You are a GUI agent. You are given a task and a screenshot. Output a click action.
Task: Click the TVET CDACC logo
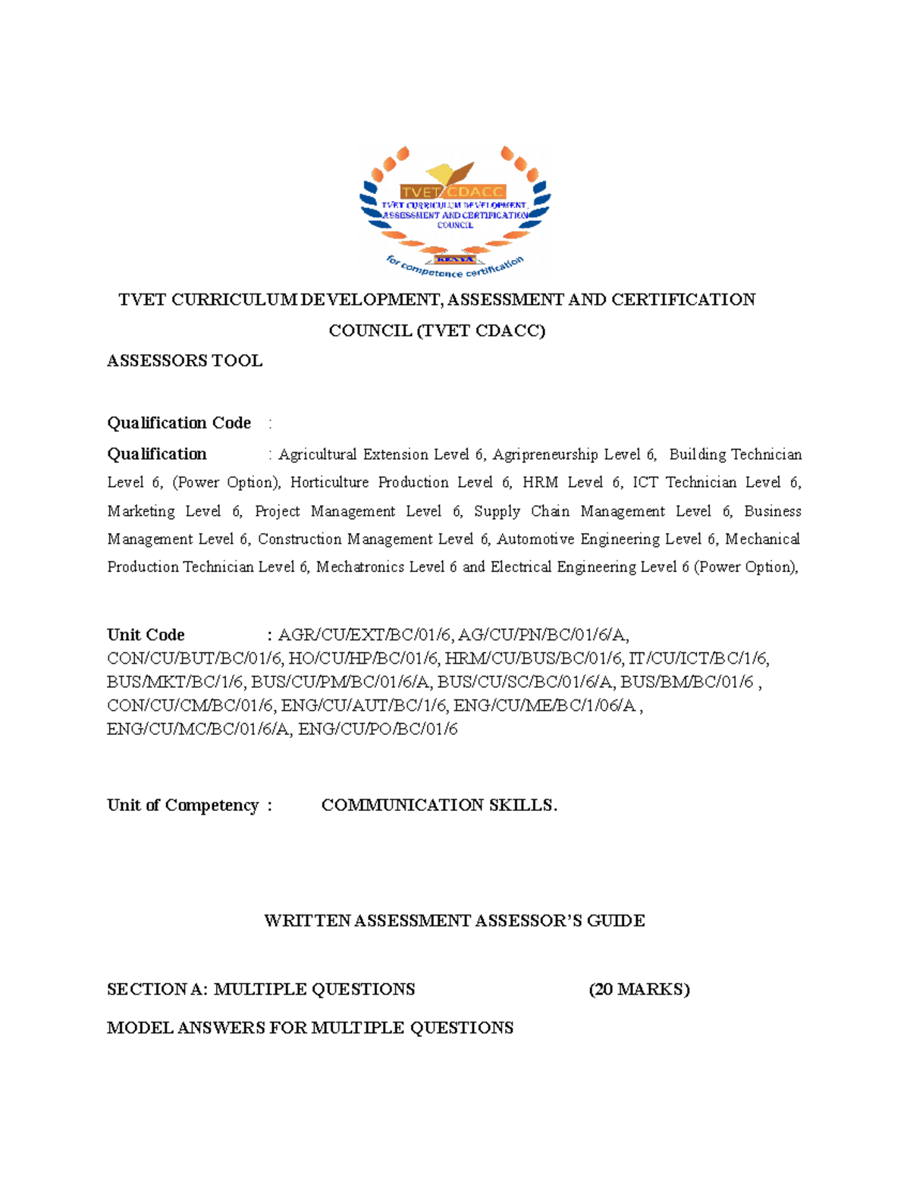click(454, 211)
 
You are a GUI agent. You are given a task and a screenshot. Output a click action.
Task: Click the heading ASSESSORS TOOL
click(184, 361)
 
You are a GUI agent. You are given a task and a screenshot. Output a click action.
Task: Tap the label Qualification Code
click(179, 423)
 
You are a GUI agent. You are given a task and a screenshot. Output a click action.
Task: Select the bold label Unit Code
click(146, 635)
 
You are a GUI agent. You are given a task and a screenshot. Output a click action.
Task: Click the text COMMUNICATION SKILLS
click(439, 806)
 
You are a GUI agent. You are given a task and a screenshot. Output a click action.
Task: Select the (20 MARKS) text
click(639, 989)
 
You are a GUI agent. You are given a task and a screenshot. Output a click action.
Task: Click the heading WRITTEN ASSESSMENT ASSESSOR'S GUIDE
click(454, 921)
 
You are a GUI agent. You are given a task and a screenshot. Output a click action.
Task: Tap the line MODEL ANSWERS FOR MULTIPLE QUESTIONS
click(310, 1028)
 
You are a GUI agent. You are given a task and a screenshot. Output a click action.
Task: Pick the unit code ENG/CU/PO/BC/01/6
click(378, 729)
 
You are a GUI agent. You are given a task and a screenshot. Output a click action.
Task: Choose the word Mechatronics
click(360, 567)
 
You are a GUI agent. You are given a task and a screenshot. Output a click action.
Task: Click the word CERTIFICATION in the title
click(683, 300)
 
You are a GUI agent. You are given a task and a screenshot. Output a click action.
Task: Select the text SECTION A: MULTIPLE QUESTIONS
click(261, 989)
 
